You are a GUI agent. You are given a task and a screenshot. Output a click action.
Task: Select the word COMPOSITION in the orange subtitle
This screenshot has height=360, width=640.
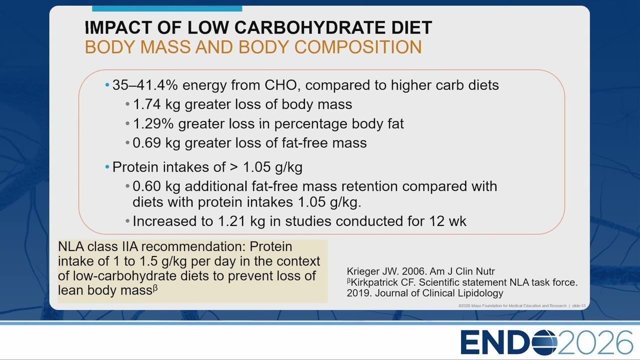[358, 47]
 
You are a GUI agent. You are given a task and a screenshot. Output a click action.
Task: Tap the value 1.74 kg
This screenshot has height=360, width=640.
[156, 104]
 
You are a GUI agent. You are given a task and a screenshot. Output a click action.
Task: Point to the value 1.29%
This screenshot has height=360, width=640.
[153, 123]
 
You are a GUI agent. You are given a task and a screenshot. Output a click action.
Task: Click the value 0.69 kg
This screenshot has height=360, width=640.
[156, 143]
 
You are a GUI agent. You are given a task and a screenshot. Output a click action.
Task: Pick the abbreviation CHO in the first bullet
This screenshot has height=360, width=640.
[280, 85]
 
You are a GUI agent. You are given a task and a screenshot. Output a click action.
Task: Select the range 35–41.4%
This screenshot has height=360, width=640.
[145, 85]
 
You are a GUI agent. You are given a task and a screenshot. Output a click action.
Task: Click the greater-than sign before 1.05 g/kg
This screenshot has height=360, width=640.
[233, 167]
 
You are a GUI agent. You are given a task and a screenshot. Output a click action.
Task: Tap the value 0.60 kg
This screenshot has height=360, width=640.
[156, 186]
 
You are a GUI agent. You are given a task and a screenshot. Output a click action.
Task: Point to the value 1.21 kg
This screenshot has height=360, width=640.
[241, 221]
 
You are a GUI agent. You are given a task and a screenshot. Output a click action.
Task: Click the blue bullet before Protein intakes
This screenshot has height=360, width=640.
[107, 167]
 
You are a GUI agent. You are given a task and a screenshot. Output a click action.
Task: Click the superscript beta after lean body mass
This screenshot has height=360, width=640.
[155, 287]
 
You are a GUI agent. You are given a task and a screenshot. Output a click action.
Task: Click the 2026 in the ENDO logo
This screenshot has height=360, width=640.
[595, 342]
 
